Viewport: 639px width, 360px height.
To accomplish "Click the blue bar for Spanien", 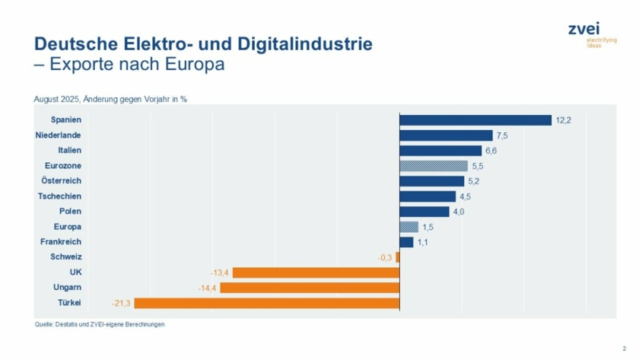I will [475, 120].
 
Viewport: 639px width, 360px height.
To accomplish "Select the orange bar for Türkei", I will [266, 303].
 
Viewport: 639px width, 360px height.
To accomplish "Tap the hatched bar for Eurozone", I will [434, 166].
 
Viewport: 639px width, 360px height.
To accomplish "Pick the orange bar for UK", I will [316, 272].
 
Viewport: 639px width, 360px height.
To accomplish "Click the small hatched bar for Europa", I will [409, 227].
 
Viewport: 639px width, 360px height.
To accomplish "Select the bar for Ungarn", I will [310, 288].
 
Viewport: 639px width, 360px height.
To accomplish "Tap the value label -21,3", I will [121, 303].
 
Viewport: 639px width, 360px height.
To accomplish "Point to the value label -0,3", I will [385, 257].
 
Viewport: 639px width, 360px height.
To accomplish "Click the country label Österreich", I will [62, 181].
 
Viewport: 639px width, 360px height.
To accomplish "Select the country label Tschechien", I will [60, 196].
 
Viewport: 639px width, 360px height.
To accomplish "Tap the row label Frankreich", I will [61, 242].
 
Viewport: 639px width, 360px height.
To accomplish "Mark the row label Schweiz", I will [67, 257].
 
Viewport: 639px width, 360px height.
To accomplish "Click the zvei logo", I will [584, 33].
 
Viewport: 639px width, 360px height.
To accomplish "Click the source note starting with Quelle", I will [100, 324].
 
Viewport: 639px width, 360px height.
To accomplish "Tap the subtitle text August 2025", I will [110, 99].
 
